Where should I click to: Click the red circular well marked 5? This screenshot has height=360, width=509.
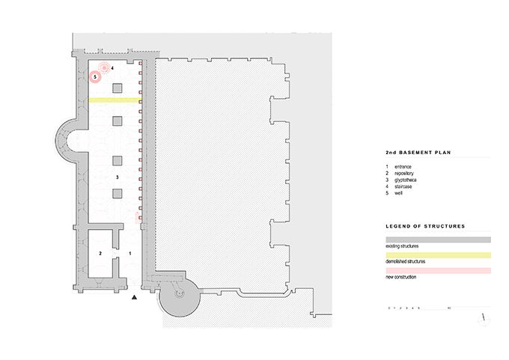pyautogui.click(x=96, y=76)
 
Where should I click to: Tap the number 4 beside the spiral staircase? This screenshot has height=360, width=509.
pyautogui.click(x=112, y=68)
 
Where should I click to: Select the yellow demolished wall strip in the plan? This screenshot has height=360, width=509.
pyautogui.click(x=115, y=100)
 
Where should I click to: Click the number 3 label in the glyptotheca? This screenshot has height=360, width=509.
pyautogui.click(x=118, y=177)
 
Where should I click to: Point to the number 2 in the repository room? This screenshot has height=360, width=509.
pyautogui.click(x=100, y=254)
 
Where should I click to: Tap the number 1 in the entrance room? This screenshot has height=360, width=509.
pyautogui.click(x=131, y=254)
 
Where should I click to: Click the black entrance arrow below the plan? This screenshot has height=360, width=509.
pyautogui.click(x=135, y=298)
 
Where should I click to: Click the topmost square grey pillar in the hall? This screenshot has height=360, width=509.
pyautogui.click(x=118, y=88)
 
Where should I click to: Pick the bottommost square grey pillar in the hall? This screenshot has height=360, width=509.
pyautogui.click(x=118, y=194)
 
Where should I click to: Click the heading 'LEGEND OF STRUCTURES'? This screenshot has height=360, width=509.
pyautogui.click(x=425, y=225)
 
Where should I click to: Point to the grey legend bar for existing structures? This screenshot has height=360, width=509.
pyautogui.click(x=438, y=240)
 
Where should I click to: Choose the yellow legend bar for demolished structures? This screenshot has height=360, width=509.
pyautogui.click(x=438, y=255)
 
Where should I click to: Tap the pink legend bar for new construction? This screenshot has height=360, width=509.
pyautogui.click(x=438, y=271)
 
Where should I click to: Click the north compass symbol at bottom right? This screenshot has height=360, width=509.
pyautogui.click(x=484, y=318)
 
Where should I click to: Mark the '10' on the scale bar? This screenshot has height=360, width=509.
pyautogui.click(x=448, y=308)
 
